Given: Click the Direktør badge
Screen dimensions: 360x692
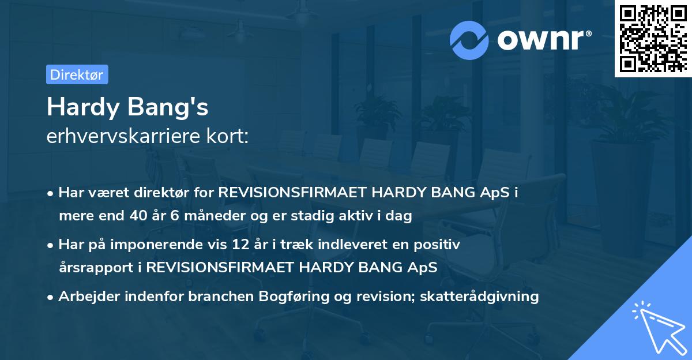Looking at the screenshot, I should (x=76, y=74).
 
